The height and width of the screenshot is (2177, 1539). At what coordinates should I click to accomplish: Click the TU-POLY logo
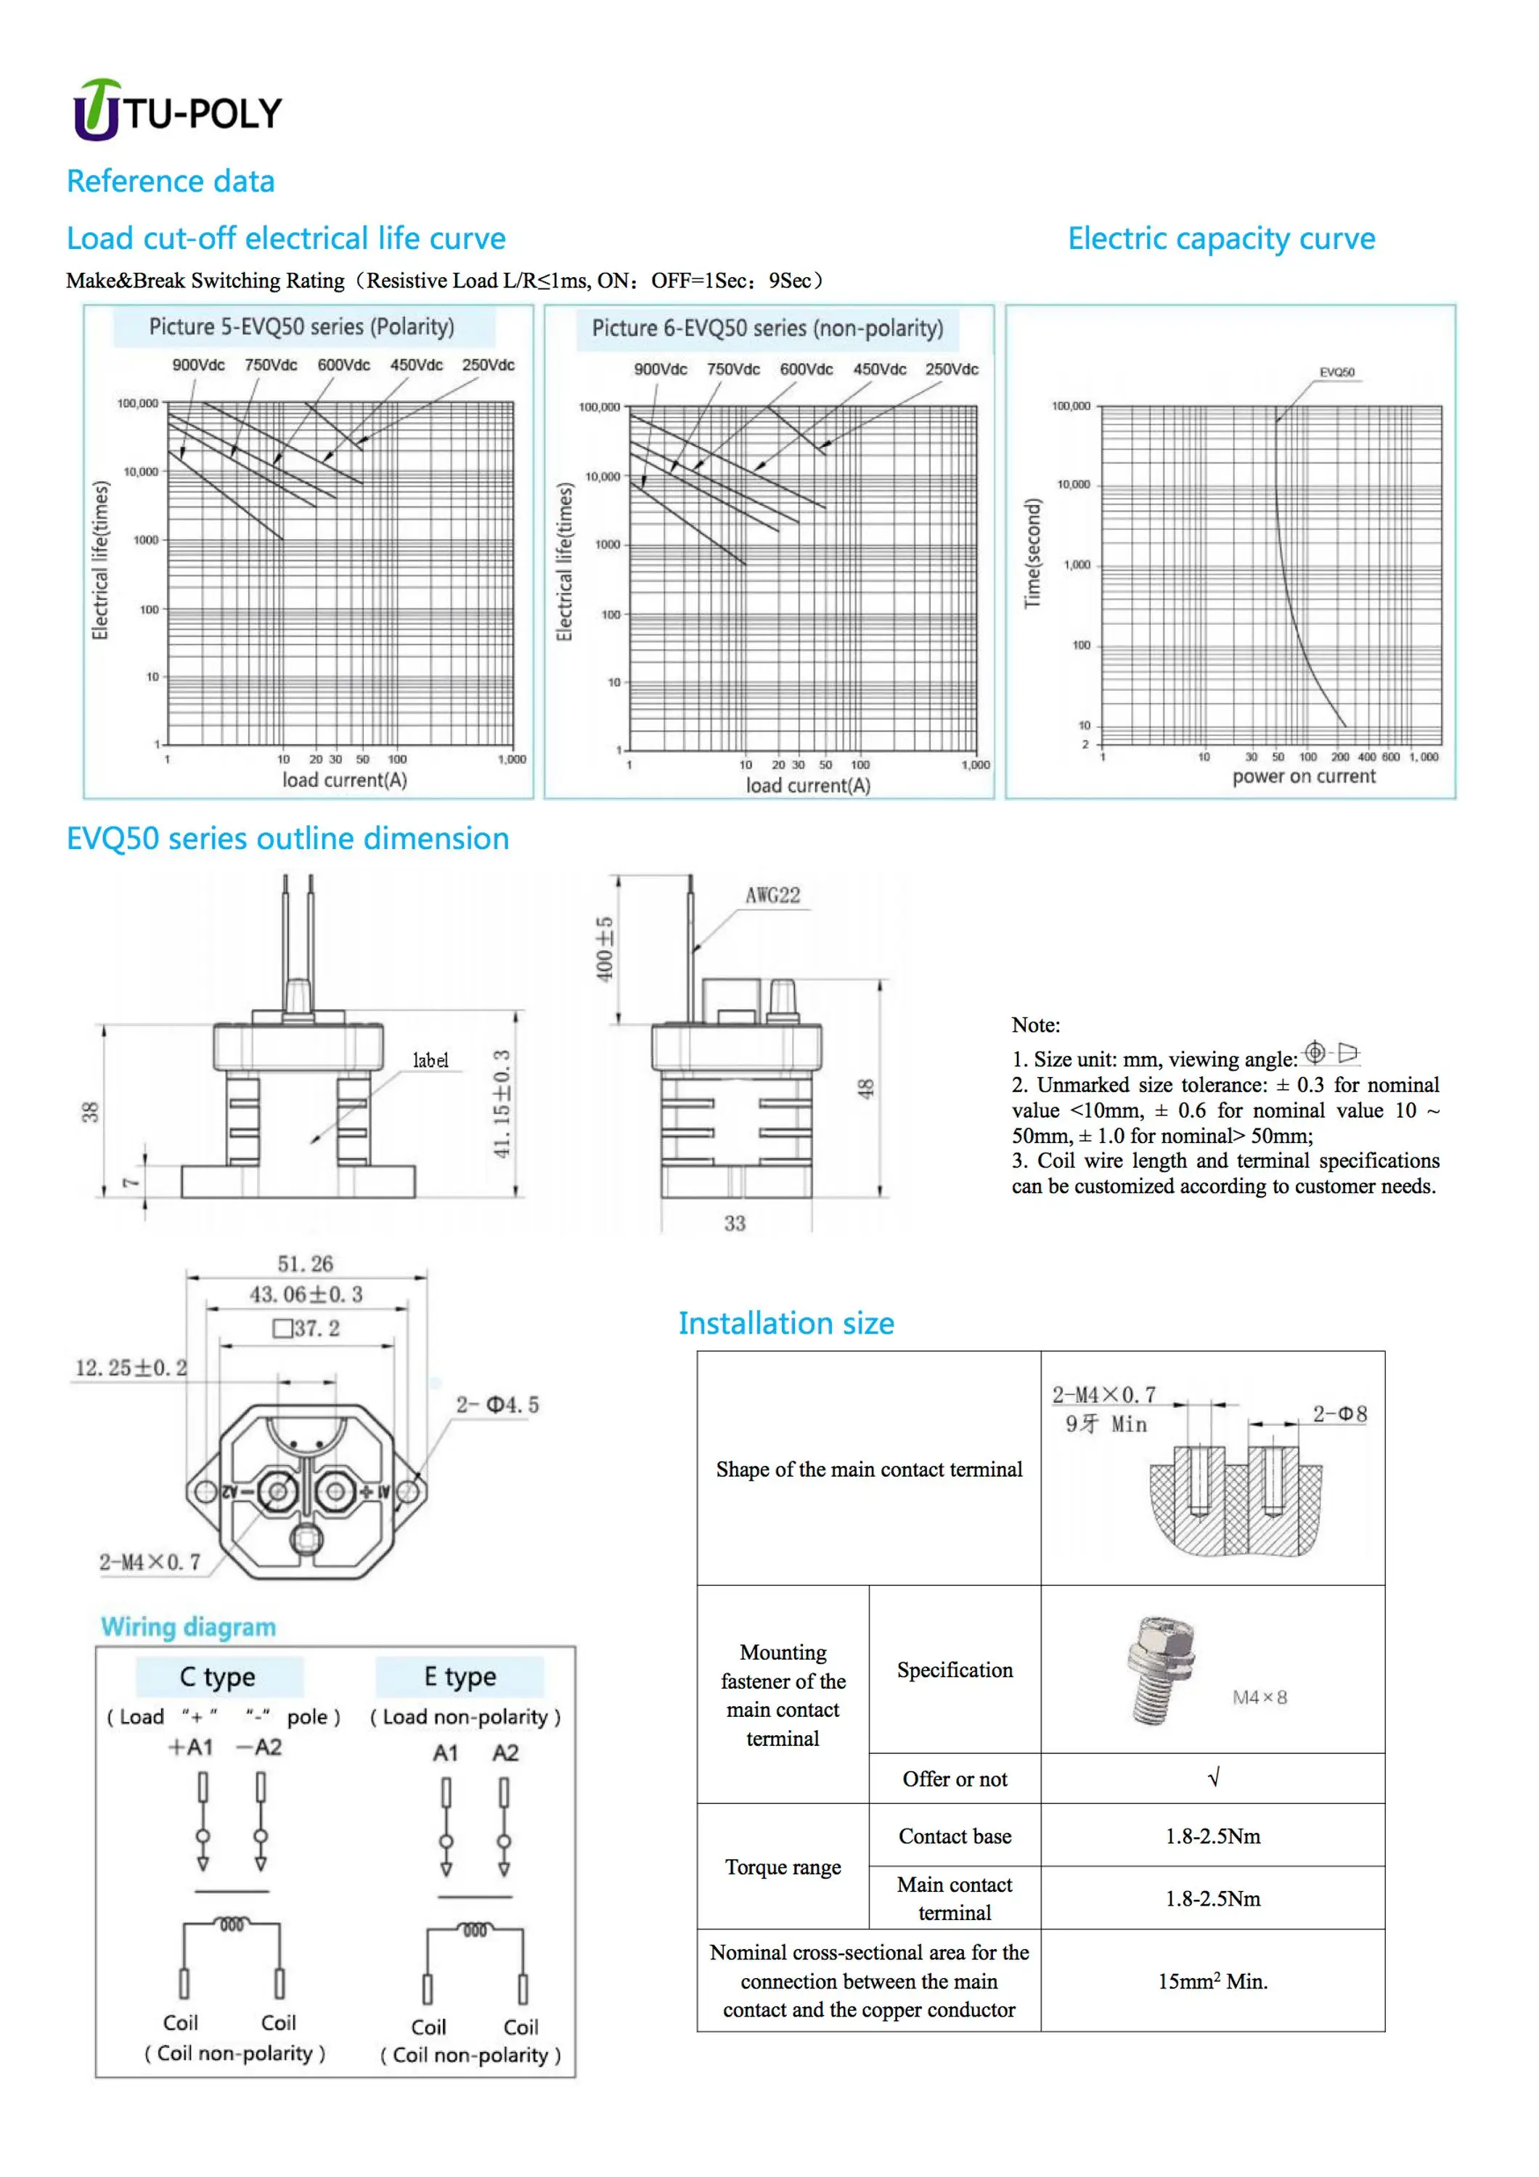point(177,110)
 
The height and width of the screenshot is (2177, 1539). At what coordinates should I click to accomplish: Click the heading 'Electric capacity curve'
point(1220,238)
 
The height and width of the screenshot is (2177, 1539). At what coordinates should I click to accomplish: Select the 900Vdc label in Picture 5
point(198,365)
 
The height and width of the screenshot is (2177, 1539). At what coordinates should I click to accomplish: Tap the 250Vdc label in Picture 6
point(951,369)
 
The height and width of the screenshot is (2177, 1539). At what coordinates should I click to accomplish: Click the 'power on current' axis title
point(1303,776)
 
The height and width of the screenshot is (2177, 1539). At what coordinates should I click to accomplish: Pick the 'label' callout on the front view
point(430,1060)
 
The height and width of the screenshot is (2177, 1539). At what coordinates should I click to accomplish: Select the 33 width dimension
point(735,1223)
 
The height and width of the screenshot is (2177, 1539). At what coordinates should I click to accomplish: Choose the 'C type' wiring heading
point(218,1676)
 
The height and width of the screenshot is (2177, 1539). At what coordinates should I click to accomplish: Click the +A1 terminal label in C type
point(191,1747)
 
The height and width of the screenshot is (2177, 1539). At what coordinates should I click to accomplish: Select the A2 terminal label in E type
point(505,1753)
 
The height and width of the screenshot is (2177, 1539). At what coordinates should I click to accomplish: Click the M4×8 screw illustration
point(1161,1670)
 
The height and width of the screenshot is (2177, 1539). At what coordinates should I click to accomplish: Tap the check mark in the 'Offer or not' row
point(1213,1778)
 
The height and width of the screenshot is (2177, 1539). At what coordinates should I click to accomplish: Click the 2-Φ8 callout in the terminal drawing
point(1339,1414)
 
